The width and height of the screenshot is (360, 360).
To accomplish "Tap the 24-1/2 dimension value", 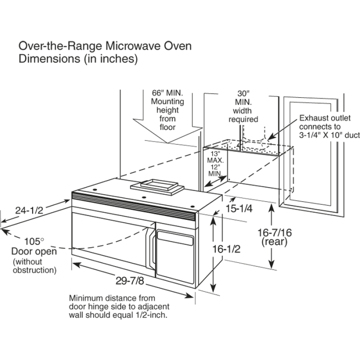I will pyautogui.click(x=28, y=209).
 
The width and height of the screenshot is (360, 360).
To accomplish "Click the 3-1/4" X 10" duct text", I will pyautogui.click(x=327, y=135).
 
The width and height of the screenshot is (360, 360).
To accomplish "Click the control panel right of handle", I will pyautogui.click(x=175, y=252).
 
